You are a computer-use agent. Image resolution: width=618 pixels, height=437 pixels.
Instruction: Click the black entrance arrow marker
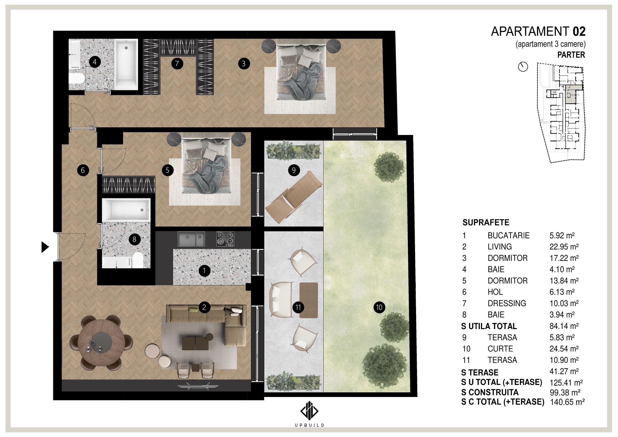[x=45, y=247]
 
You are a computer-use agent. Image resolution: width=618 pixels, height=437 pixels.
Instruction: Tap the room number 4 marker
[x=94, y=62]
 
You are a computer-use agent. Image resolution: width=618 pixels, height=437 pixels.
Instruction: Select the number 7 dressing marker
[x=177, y=63]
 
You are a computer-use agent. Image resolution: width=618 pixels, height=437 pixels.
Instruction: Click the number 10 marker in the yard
[x=379, y=307]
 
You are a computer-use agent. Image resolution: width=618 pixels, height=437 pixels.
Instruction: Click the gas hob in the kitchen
[x=225, y=239]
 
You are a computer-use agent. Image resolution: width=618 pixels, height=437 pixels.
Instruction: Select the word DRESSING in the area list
[x=507, y=303]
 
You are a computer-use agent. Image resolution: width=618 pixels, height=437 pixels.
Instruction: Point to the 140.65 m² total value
[x=567, y=402]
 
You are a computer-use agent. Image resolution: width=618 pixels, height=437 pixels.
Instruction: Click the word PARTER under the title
[x=571, y=55]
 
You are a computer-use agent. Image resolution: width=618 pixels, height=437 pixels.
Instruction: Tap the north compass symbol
[x=523, y=67]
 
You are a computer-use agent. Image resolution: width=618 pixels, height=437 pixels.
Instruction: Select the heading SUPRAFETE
[x=486, y=223]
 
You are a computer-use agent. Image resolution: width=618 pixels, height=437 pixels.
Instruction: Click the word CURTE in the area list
[x=500, y=349]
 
